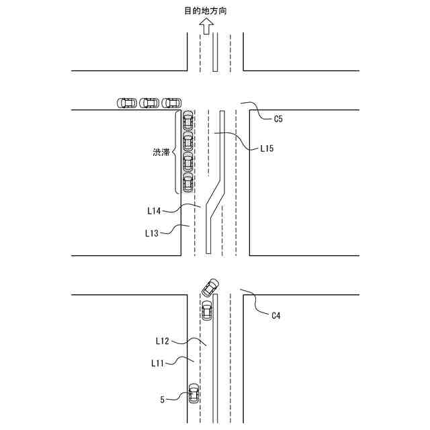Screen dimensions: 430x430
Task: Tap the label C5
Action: (279, 119)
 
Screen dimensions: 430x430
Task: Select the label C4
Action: (276, 315)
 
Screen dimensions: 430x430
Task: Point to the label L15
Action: (267, 148)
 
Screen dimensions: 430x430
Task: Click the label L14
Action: (154, 210)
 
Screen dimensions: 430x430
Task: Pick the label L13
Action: (152, 233)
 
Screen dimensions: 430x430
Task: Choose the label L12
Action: (162, 341)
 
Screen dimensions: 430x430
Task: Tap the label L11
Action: (159, 363)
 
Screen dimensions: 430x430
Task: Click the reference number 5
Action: (162, 399)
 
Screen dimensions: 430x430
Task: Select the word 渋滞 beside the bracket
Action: (161, 153)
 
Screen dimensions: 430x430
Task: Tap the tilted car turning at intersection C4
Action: (210, 288)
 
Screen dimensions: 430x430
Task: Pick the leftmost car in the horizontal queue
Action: (126, 103)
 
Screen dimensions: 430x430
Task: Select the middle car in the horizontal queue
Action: (148, 103)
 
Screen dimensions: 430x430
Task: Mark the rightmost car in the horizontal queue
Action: (171, 103)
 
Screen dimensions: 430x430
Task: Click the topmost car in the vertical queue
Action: (188, 120)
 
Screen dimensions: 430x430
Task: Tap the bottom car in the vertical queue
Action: (188, 183)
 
